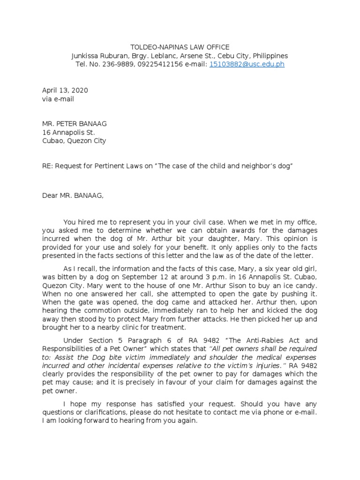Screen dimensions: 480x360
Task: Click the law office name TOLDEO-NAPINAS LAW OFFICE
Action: click(x=180, y=47)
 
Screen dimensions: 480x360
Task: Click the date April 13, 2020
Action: click(x=65, y=90)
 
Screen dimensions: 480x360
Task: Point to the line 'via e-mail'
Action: click(x=58, y=99)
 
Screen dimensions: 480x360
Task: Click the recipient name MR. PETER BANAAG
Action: click(x=75, y=124)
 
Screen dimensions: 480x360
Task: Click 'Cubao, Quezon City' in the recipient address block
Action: click(x=75, y=141)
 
